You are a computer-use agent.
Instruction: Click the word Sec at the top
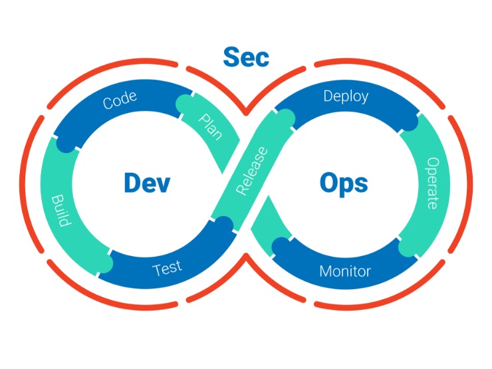pos(246,57)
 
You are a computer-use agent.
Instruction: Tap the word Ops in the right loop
pos(343,183)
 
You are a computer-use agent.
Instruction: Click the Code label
pos(120,100)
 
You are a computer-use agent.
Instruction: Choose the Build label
pos(61,210)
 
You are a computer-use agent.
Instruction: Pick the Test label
pos(167,269)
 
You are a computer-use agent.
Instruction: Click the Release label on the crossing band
pos(251,172)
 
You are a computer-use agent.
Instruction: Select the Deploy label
pos(346,96)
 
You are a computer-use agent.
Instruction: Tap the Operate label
pos(432,183)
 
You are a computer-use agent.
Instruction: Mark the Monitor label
pos(345,271)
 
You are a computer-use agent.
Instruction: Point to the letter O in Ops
pos(329,183)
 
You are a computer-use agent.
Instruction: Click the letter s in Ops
pos(360,185)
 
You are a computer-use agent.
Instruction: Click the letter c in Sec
pos(262,59)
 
